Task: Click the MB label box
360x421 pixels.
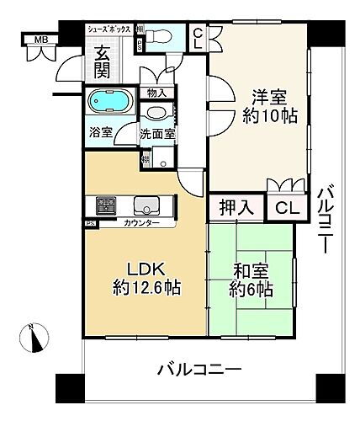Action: point(38,39)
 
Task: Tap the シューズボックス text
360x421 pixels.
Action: point(109,29)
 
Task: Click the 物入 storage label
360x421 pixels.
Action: point(156,93)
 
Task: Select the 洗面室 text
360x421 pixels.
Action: point(156,133)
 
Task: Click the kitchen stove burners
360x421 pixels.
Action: point(106,205)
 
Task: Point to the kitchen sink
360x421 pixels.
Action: point(147,205)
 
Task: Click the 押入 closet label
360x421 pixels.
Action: point(236,207)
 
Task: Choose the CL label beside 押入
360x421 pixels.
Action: point(286,208)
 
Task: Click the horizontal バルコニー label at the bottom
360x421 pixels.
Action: point(199,370)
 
